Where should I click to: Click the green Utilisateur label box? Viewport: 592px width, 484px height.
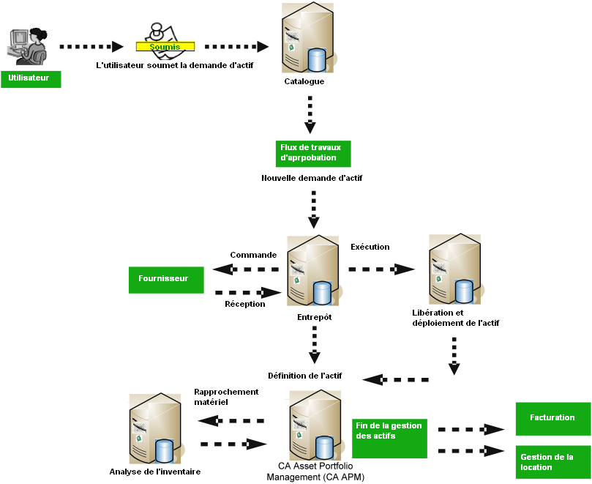click(x=30, y=78)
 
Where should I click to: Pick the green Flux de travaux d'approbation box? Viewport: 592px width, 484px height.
click(x=313, y=153)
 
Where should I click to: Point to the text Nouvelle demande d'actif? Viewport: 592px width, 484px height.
click(x=312, y=178)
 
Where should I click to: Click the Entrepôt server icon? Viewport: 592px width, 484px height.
click(x=313, y=272)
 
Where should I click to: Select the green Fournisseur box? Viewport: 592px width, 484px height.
click(x=165, y=279)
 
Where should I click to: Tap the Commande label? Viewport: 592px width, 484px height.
click(x=253, y=255)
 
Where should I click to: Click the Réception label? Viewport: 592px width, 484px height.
click(x=245, y=304)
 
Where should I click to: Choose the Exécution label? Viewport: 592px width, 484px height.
click(x=370, y=247)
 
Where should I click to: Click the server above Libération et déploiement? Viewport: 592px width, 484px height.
click(x=455, y=269)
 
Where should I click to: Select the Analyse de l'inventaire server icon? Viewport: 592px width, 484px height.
click(x=155, y=429)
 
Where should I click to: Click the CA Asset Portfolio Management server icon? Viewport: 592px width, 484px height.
click(x=314, y=425)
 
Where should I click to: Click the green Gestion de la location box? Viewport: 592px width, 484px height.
click(x=553, y=462)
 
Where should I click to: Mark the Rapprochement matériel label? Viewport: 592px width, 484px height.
click(x=226, y=397)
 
